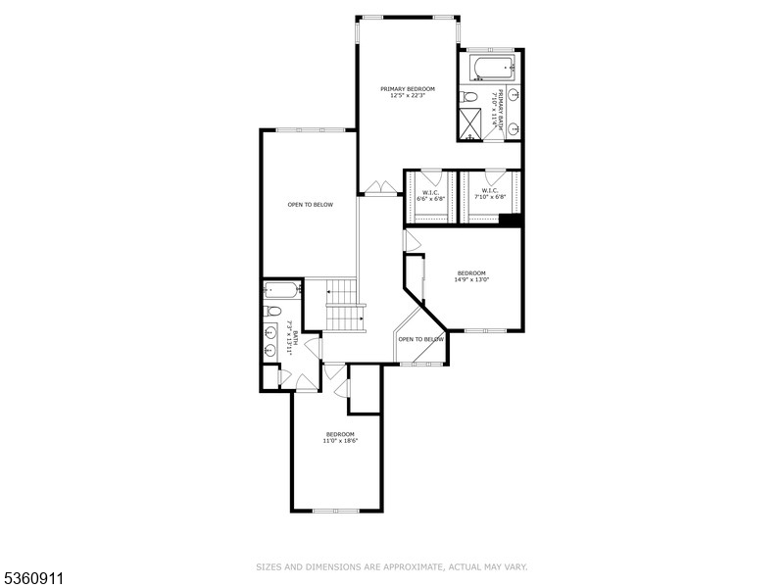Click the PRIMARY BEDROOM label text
tap(407, 89)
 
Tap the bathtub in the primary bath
tap(489, 69)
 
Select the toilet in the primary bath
tap(469, 97)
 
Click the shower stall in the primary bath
tap(471, 123)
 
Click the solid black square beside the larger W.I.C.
tap(509, 220)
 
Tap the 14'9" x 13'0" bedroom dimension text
tap(471, 279)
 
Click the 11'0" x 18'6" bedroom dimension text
tap(340, 441)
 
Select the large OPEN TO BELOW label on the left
tap(310, 205)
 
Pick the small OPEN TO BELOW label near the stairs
tap(420, 339)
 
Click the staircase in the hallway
tap(344, 305)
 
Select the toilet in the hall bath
tap(273, 312)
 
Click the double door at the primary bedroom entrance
tap(376, 187)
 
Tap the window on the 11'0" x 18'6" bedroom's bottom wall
tap(336, 511)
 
